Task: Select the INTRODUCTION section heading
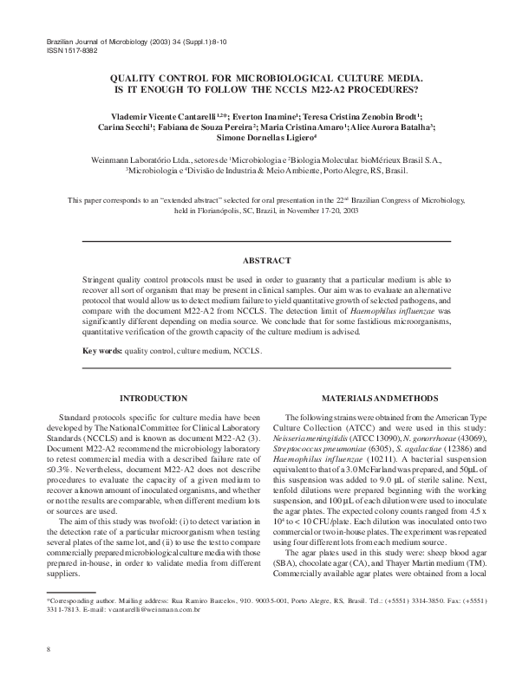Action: tap(152, 398)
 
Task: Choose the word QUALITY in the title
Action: tap(131, 77)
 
